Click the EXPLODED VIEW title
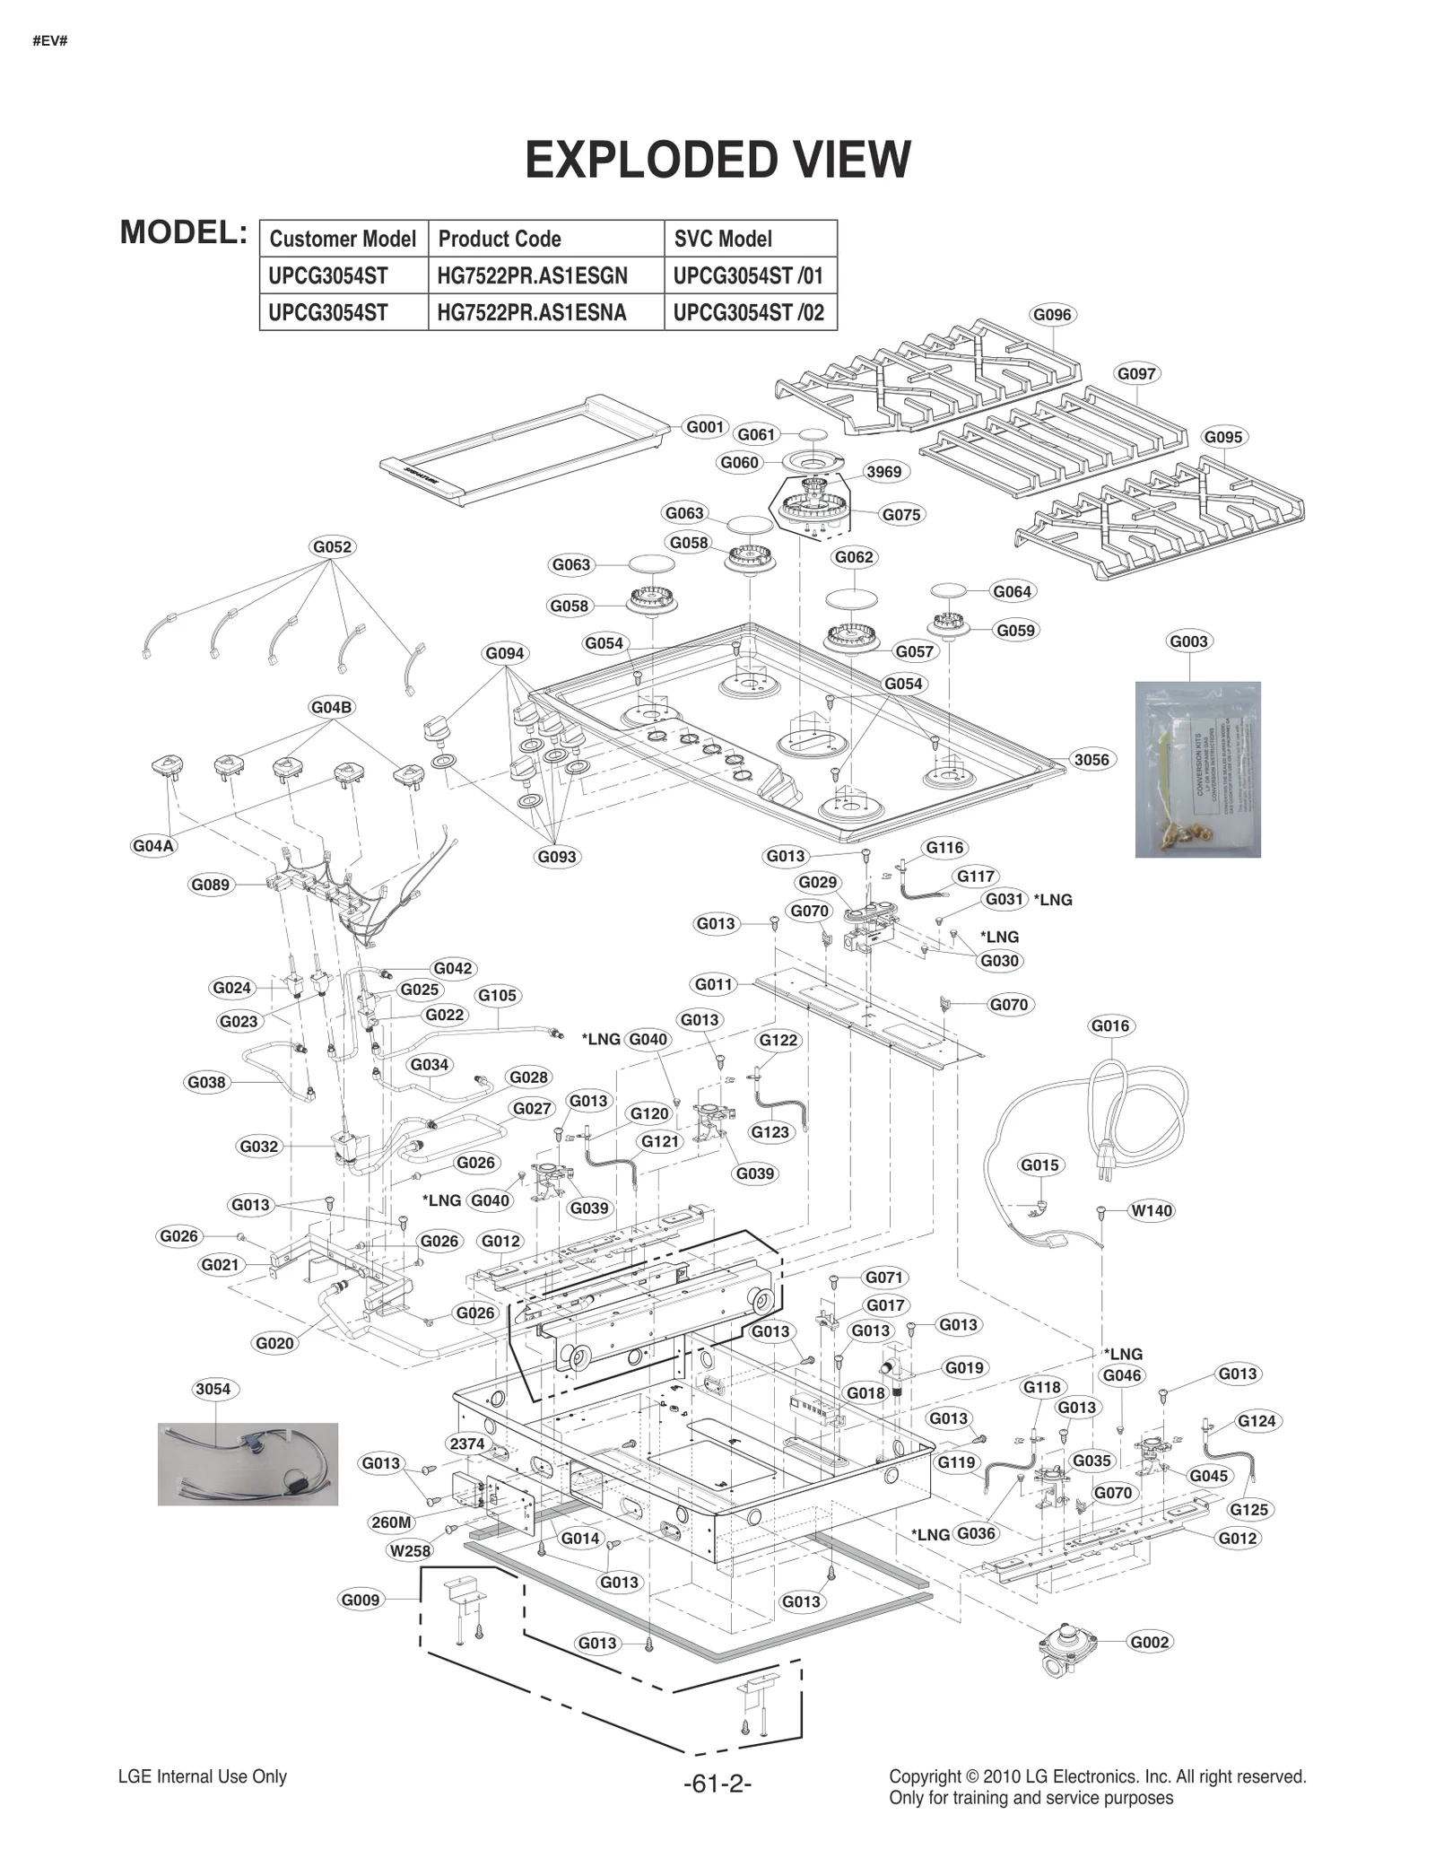click(x=717, y=160)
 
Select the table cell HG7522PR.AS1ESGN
click(x=532, y=275)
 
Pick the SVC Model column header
click(x=722, y=239)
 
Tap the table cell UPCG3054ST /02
click(x=748, y=313)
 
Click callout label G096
click(x=1052, y=315)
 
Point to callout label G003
click(x=1188, y=641)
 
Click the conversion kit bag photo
click(x=1197, y=770)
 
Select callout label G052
click(x=332, y=546)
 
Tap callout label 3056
click(x=1091, y=760)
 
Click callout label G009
click(x=361, y=1600)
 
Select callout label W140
click(x=1152, y=1211)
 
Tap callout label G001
click(x=706, y=427)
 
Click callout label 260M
click(x=391, y=1522)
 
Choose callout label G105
click(x=497, y=995)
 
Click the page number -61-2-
click(x=717, y=1784)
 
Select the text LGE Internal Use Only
click(x=203, y=1776)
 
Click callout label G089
click(x=211, y=885)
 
